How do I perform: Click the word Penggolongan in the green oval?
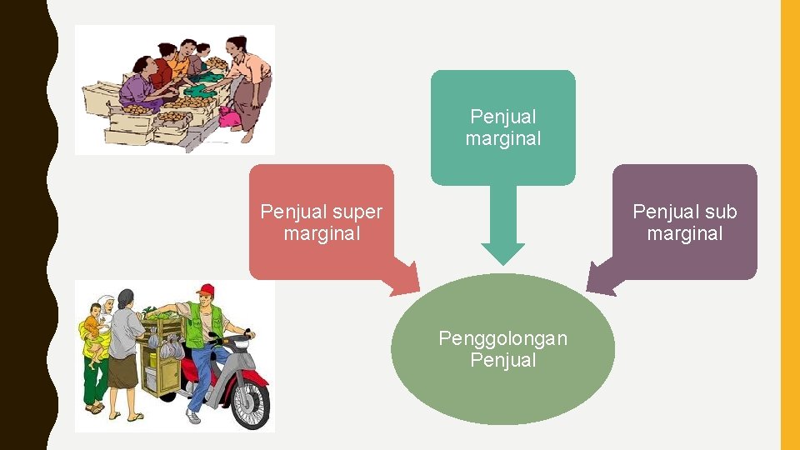coord(502,338)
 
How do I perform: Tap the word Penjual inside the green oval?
coord(502,361)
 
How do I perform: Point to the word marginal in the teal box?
coord(502,139)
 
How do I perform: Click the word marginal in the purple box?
coord(684,234)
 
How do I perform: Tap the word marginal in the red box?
coord(322,234)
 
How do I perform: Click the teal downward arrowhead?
coord(502,252)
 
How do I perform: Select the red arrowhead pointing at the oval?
coord(406,279)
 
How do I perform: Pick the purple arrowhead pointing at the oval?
coord(600,278)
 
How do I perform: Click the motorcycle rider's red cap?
coord(206,290)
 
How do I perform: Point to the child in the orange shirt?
coord(94,329)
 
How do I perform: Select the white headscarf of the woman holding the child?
coord(105,304)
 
